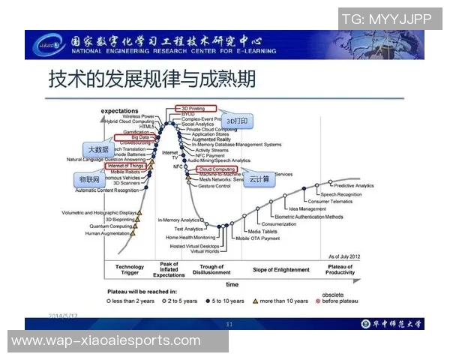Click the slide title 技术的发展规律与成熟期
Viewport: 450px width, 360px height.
click(153, 79)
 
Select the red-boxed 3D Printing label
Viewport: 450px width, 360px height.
click(196, 109)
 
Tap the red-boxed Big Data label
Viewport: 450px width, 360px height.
click(139, 138)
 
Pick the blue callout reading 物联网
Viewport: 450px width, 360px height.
click(89, 181)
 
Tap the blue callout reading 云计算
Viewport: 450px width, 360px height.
click(259, 181)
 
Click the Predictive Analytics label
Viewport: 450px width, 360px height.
click(353, 185)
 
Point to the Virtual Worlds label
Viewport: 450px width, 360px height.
click(205, 251)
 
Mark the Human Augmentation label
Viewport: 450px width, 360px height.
click(106, 233)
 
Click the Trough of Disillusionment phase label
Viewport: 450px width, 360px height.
click(212, 269)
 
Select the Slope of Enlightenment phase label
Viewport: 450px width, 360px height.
click(281, 269)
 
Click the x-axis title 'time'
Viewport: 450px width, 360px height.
click(232, 284)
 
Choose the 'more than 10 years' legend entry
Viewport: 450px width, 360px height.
click(284, 301)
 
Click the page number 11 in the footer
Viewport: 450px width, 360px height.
click(229, 324)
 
